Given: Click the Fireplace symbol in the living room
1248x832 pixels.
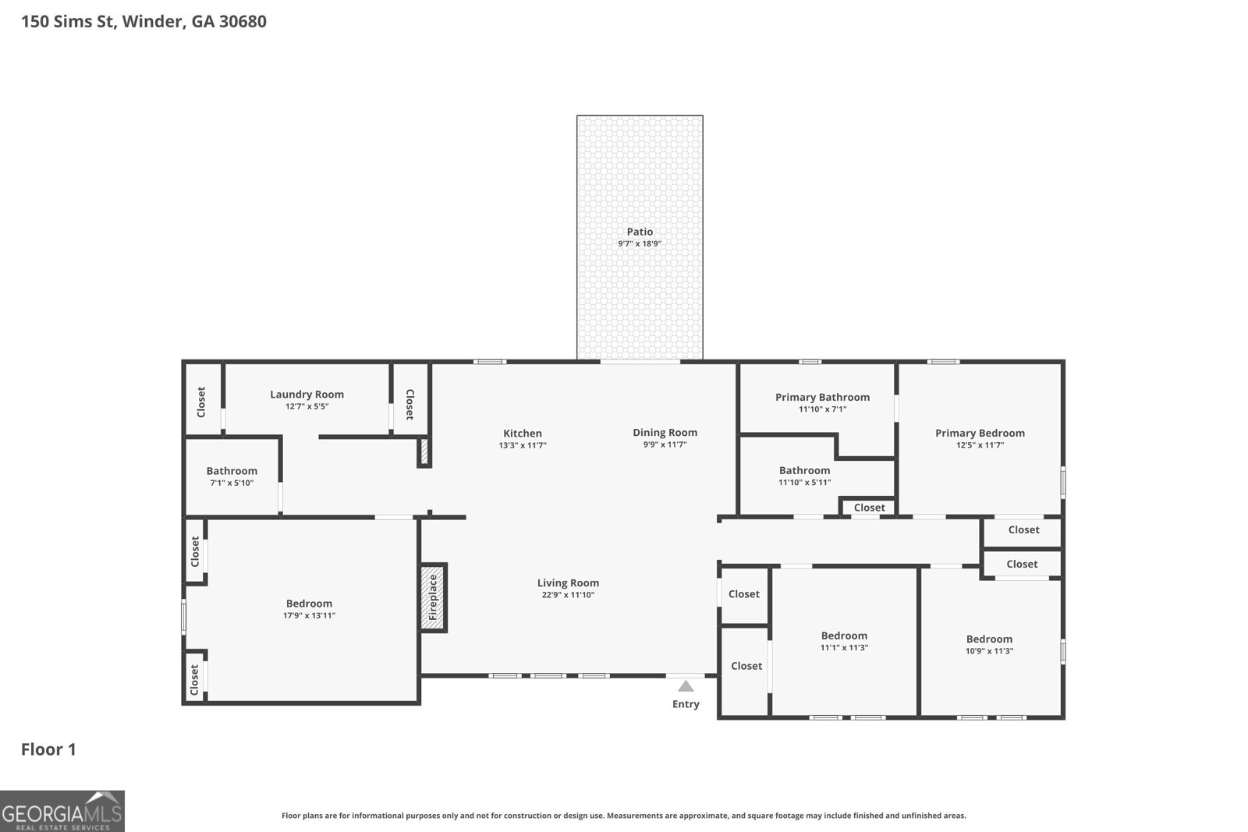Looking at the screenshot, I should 433,597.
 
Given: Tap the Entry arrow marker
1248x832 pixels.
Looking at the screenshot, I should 686,686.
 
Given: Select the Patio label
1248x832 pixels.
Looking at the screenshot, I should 640,232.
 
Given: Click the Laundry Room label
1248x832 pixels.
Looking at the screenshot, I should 307,395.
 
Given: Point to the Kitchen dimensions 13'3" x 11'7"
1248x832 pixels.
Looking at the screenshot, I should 522,445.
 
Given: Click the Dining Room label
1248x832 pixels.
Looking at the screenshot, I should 665,433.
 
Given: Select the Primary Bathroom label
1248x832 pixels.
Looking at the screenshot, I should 822,398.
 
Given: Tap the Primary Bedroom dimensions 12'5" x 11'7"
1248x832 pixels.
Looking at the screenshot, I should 980,445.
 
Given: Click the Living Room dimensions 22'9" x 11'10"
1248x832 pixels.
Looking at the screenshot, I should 568,595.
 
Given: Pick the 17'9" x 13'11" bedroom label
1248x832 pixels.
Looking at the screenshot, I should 309,604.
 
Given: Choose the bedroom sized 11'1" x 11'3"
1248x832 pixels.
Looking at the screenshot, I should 844,636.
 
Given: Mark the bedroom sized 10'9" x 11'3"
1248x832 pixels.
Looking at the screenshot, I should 989,639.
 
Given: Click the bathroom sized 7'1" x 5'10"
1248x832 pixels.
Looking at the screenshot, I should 232,471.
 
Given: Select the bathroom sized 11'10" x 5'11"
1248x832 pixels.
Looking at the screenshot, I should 804,471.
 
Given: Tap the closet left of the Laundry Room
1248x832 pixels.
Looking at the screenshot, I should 201,402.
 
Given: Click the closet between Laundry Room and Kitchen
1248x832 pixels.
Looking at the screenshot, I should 409,404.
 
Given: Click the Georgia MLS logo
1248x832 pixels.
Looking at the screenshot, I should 62,811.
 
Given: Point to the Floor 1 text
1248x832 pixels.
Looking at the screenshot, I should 48,749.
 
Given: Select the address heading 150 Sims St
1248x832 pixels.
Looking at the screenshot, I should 144,21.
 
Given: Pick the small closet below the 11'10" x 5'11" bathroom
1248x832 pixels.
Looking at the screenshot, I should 869,508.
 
